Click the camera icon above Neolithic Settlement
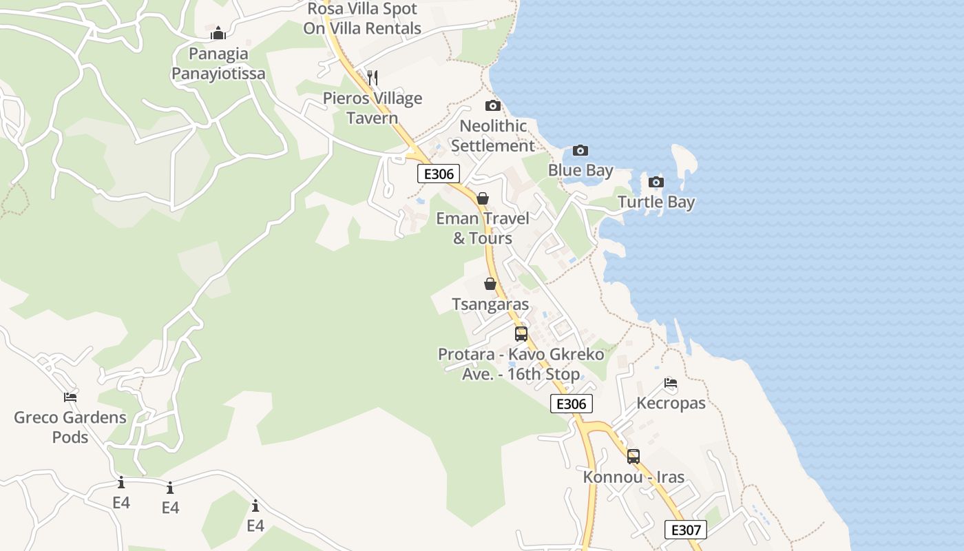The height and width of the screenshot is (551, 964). coord(492,105)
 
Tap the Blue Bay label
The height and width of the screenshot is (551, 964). coord(580,169)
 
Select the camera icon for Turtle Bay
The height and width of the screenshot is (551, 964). coord(656,182)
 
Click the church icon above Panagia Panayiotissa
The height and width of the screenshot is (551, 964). coord(218,33)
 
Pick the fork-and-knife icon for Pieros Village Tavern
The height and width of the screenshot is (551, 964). coord(373,77)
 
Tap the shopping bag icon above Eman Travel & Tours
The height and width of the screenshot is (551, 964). coord(483,198)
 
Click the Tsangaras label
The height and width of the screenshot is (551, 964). coord(490,304)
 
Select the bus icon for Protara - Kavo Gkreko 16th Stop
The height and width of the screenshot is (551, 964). coord(521,334)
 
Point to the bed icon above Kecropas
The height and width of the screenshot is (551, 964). coord(671,383)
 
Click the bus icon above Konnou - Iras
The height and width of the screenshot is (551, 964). coord(633,456)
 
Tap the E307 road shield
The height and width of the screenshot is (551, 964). coord(685,530)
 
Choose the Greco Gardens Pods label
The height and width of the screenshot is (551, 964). coord(70,427)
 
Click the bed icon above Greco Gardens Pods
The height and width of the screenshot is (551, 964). coord(70,397)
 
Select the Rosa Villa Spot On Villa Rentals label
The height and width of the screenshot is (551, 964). coord(362,19)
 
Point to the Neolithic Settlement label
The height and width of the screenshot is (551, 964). coord(493,136)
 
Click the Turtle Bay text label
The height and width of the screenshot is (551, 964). coord(656,202)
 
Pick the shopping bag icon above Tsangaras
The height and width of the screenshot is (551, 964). coord(490,284)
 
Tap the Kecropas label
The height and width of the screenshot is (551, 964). coord(671,403)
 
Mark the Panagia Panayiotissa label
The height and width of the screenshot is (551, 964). coord(218,63)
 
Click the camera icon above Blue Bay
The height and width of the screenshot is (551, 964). coord(580,150)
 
